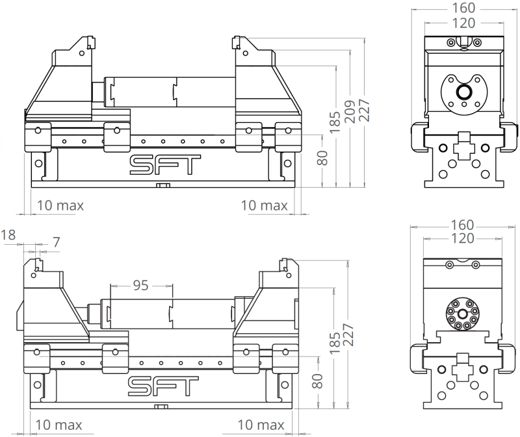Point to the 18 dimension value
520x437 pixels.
pyautogui.click(x=8, y=234)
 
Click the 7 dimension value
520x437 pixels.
pyautogui.click(x=56, y=242)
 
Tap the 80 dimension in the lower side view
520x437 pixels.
pyautogui.click(x=317, y=381)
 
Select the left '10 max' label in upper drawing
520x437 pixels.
pyautogui.click(x=60, y=206)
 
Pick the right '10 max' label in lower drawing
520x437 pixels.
pyautogui.click(x=261, y=425)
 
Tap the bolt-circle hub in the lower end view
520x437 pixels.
pyautogui.click(x=462, y=314)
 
